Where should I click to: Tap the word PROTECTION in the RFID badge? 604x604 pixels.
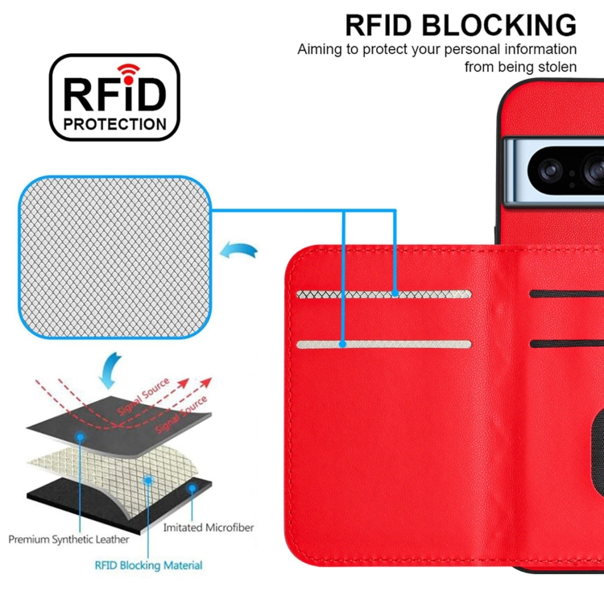[x=115, y=124]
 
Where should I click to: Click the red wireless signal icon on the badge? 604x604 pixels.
[x=128, y=71]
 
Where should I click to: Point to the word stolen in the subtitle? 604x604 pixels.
[x=556, y=67]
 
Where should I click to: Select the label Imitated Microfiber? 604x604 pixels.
[x=209, y=527]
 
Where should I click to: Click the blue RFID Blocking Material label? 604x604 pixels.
[x=149, y=565]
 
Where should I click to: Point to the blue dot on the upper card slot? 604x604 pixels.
[x=395, y=295]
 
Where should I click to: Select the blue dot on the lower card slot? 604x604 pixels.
[x=344, y=344]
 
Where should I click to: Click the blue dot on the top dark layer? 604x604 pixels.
[x=81, y=436]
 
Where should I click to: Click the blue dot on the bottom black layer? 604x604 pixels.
[x=192, y=488]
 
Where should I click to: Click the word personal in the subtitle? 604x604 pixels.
[x=481, y=49]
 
